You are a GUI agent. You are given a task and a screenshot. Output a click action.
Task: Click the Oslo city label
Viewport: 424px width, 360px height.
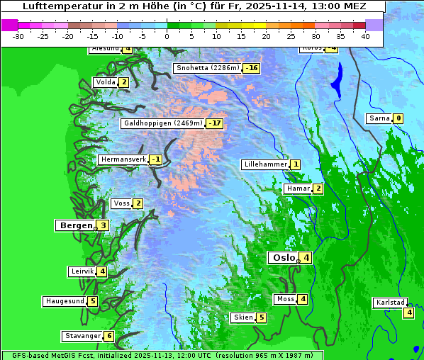coord(282,258)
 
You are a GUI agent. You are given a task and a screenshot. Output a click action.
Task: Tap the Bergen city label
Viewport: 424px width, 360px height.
coord(75,225)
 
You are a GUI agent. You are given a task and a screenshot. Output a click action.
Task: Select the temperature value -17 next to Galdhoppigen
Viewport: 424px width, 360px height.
coord(215,123)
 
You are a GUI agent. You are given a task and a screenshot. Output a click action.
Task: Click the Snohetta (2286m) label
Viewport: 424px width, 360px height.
coord(207,69)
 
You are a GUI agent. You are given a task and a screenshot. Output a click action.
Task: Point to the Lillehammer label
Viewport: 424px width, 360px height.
coord(265,164)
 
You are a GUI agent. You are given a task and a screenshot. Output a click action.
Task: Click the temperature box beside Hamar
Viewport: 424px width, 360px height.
coord(318,189)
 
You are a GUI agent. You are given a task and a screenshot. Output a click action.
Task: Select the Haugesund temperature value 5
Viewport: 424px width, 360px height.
coord(93,301)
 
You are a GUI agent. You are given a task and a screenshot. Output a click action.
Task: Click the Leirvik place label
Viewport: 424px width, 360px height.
coord(82,271)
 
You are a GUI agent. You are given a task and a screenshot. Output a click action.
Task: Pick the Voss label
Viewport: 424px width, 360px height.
coord(121,204)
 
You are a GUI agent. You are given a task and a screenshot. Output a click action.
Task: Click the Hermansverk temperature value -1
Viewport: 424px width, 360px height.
coord(155,159)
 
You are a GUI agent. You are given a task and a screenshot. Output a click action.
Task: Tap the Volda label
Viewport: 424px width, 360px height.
coord(106,82)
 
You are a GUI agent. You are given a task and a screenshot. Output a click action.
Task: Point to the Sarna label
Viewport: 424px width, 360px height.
coord(379,118)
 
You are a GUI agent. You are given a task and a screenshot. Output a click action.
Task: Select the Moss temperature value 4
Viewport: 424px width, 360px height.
coord(303,299)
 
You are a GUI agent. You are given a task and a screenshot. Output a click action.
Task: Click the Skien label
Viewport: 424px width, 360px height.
coord(243,317)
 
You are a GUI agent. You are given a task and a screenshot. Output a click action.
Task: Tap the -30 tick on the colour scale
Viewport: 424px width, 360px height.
coord(19,35)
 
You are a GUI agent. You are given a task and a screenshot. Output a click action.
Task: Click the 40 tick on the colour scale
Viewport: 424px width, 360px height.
coord(365,35)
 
